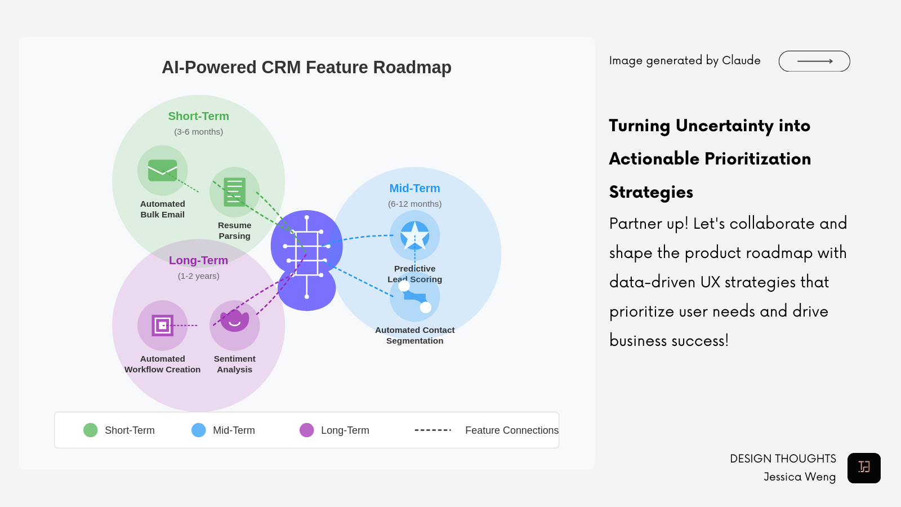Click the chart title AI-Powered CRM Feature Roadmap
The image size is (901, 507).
[x=306, y=68]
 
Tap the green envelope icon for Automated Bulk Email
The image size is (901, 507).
[x=163, y=170]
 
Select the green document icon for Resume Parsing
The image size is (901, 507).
[x=234, y=192]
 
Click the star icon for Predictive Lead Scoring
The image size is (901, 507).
[x=415, y=235]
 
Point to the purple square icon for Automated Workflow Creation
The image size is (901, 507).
[x=163, y=326]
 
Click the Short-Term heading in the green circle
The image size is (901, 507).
[x=198, y=117]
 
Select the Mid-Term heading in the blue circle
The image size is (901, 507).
[x=414, y=189]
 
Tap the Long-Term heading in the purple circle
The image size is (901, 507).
[x=198, y=261]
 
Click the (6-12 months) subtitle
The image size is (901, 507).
[x=414, y=204]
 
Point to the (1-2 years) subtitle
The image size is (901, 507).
[x=198, y=276]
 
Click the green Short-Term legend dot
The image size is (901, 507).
[x=91, y=430]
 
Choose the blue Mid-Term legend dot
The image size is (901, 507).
[x=199, y=430]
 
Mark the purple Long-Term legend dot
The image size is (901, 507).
[x=307, y=430]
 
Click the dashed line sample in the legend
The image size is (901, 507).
[x=432, y=430]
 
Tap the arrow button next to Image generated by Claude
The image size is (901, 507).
[x=814, y=61]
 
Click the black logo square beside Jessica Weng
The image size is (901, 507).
[x=864, y=468]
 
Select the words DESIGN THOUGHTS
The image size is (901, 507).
[x=783, y=459]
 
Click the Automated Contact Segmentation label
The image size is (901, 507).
[x=414, y=336]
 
